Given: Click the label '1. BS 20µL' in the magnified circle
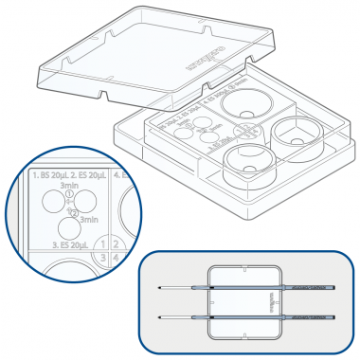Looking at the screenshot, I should click(x=49, y=175).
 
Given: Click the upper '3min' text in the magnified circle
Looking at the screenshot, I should click(x=70, y=187).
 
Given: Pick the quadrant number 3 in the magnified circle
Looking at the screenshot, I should click(x=99, y=257).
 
